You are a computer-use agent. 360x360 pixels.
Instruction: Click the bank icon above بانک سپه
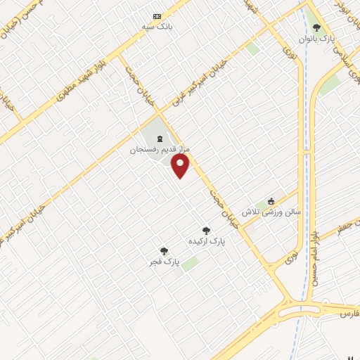157,16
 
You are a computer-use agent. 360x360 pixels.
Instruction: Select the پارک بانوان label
317,39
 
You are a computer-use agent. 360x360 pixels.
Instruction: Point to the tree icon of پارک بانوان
316,29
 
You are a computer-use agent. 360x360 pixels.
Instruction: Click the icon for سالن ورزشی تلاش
271,200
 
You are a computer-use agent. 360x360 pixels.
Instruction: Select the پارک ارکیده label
207,240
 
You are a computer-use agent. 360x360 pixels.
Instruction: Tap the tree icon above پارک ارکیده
206,229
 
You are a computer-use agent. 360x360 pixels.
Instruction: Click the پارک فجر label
164,262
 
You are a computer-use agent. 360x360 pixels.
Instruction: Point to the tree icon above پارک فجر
164,250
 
